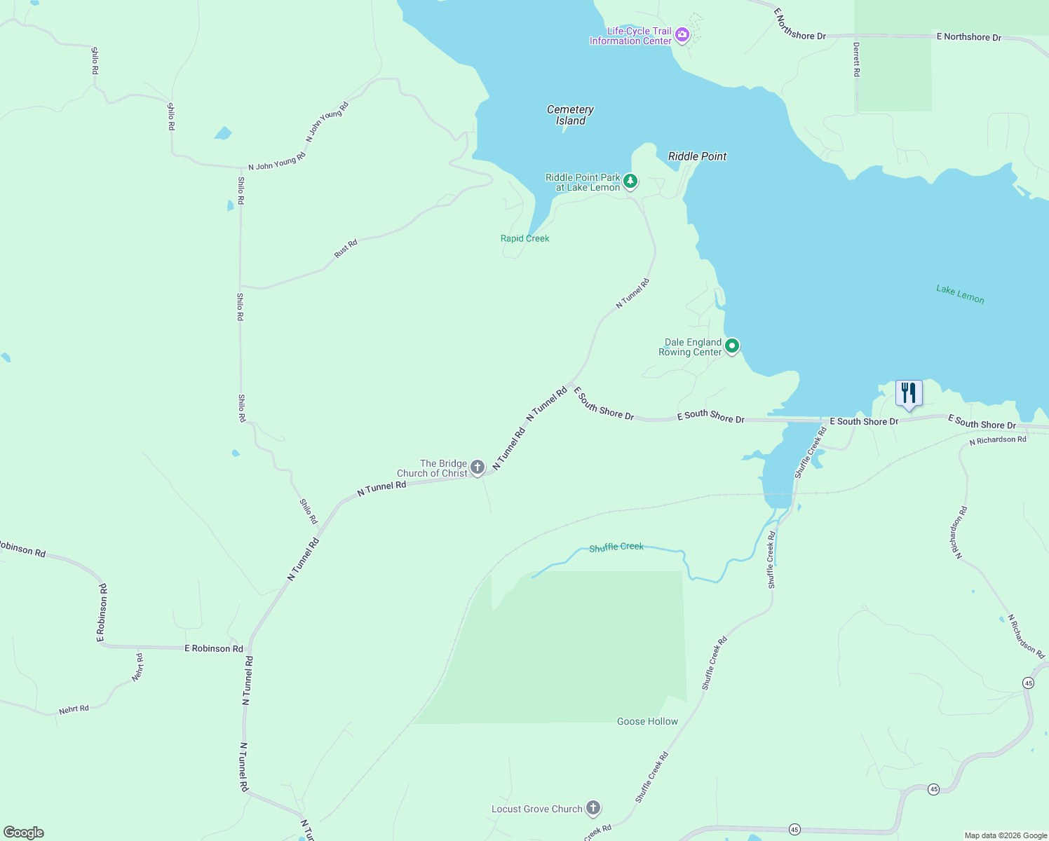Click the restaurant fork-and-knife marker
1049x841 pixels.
click(909, 393)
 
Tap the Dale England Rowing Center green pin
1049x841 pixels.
click(732, 346)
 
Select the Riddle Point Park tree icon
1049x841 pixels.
click(630, 182)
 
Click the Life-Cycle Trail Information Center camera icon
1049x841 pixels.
click(682, 34)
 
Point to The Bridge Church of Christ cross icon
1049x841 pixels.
click(478, 467)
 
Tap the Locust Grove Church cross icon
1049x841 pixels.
click(593, 808)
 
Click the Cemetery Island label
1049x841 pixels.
click(570, 115)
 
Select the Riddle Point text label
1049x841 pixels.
click(697, 156)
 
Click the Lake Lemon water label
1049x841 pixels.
click(960, 294)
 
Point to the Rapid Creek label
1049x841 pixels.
click(524, 238)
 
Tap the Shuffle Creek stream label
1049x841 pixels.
click(616, 547)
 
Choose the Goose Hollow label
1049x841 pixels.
click(647, 721)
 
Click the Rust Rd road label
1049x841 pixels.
click(346, 249)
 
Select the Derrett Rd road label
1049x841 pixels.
click(856, 59)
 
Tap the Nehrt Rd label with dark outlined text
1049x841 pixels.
click(74, 709)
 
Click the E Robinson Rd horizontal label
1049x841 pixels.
click(214, 648)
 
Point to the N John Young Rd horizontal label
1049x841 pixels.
click(277, 162)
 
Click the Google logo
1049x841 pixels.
click(24, 833)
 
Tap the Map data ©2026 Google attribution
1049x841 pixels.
click(1006, 835)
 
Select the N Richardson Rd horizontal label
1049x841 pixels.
click(998, 440)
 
